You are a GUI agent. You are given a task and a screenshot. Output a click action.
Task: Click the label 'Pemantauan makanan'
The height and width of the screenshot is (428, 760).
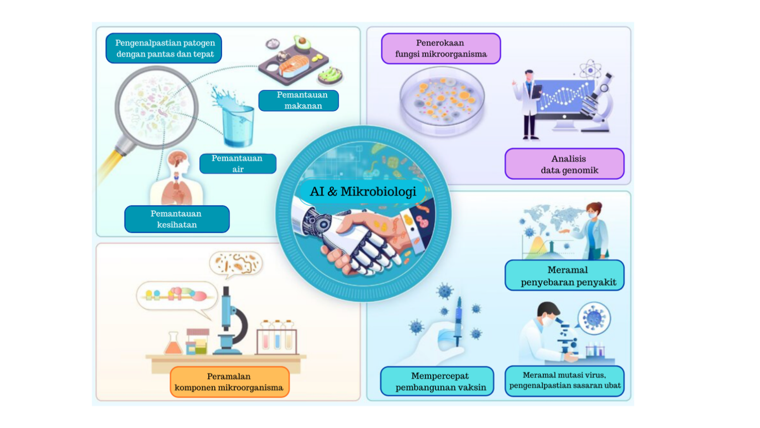(x=298, y=101)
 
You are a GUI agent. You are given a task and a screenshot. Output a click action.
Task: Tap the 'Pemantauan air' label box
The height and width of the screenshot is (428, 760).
(x=238, y=163)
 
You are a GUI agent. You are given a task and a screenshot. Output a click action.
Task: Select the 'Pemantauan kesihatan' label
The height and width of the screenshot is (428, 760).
(x=177, y=219)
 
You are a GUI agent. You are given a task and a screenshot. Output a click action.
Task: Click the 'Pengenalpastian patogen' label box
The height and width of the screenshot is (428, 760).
(x=164, y=48)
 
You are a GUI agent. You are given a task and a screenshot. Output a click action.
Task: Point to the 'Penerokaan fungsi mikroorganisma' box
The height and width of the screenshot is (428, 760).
(x=441, y=48)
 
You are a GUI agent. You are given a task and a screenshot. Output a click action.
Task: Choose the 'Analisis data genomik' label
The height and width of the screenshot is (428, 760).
(x=564, y=164)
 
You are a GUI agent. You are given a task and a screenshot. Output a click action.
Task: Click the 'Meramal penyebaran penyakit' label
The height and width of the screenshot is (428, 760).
(x=564, y=275)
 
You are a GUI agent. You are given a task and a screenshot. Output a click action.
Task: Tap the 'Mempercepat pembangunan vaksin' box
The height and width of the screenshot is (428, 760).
(x=437, y=381)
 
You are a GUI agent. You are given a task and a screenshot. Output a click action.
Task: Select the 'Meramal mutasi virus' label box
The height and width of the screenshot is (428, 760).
(x=564, y=381)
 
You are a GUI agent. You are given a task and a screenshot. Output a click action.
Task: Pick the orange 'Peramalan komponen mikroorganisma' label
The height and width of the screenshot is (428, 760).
(x=229, y=382)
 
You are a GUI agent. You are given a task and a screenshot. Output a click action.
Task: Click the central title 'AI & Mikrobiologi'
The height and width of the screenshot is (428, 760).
(x=363, y=192)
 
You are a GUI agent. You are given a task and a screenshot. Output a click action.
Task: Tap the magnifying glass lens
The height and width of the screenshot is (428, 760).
(x=156, y=107)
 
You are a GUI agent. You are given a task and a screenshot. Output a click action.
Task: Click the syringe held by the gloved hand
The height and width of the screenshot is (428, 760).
(x=458, y=322)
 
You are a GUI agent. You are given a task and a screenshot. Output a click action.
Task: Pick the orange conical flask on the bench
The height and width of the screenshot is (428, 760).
(x=173, y=344)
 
